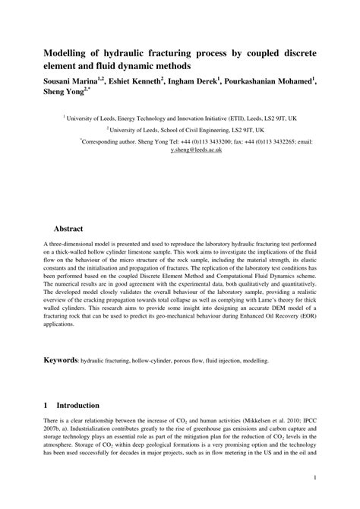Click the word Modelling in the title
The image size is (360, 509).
coord(68,55)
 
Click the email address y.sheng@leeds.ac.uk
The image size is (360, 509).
coord(197,150)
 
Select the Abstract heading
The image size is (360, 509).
coord(68,228)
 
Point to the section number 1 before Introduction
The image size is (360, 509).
coord(46,406)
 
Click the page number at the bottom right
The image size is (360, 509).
coord(314,479)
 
